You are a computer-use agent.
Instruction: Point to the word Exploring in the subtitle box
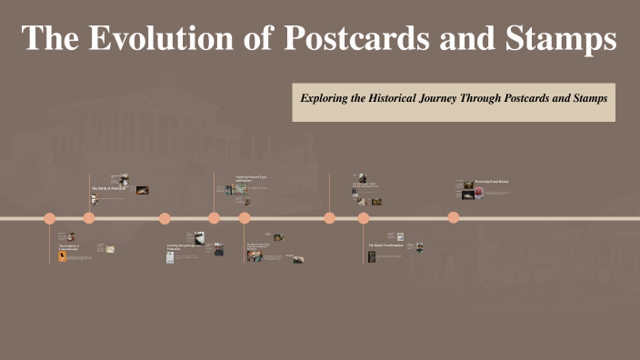325,97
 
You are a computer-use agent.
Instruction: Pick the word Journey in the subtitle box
458,97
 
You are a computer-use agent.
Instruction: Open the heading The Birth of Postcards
106,188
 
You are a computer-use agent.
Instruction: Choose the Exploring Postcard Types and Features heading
252,179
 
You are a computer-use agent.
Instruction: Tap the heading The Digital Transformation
385,245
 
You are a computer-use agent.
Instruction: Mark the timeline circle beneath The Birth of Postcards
89,217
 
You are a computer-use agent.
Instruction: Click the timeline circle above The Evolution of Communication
50,217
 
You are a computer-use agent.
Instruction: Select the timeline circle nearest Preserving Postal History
454,217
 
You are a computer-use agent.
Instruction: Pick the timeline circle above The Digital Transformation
364,217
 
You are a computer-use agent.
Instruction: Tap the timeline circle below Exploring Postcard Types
215,217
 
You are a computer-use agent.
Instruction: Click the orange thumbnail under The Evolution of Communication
61,257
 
